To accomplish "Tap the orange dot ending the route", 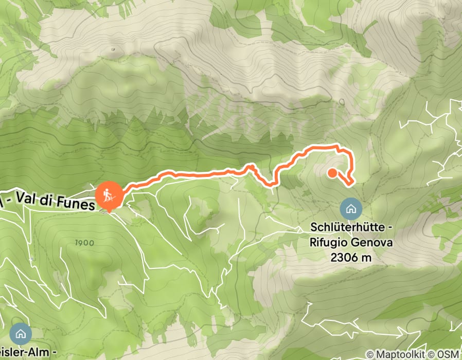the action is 332,173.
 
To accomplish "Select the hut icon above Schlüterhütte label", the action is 351,209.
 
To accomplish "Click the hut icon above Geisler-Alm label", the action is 21,333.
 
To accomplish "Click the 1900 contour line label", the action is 84,243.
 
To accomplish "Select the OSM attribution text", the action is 448,354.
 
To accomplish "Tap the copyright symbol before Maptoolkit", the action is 370,354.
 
